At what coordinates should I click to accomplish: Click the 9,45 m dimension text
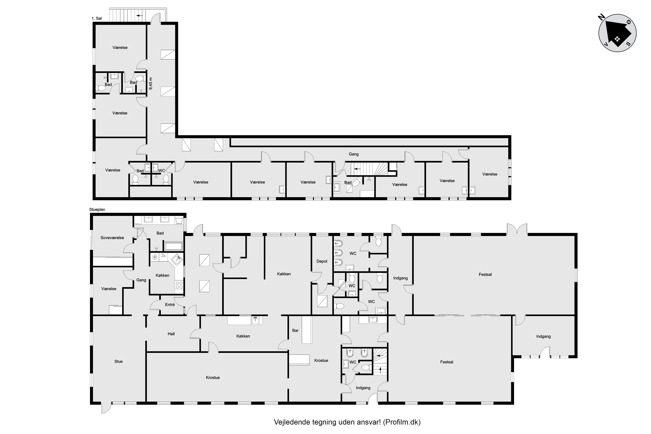tap(150, 83)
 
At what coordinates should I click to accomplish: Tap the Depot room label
tap(322, 261)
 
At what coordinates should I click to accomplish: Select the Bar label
tap(295, 331)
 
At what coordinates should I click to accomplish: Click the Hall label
tap(171, 334)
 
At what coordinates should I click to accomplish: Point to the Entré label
tap(170, 304)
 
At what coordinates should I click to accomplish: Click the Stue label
tap(119, 361)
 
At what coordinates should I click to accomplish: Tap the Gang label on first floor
tap(354, 154)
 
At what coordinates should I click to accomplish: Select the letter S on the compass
tap(628, 44)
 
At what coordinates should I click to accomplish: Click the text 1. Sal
tap(97, 18)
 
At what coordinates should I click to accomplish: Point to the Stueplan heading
tap(97, 209)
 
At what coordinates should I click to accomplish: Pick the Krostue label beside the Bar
tap(321, 360)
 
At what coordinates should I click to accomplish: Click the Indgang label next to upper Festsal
tap(401, 278)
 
